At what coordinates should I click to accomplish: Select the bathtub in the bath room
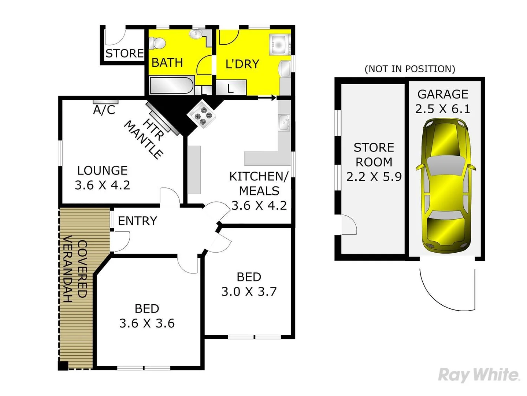(171, 86)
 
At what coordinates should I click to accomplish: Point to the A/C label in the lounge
(104, 109)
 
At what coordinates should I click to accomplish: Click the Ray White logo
(479, 375)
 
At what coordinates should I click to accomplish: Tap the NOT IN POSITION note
(410, 69)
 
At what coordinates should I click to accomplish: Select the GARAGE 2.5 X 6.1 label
(442, 102)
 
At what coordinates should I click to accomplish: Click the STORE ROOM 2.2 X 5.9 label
(374, 162)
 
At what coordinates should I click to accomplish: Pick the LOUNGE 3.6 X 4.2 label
(103, 178)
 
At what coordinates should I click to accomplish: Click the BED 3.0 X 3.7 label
(249, 284)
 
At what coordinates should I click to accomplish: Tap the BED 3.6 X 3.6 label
(147, 316)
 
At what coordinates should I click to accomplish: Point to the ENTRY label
(137, 221)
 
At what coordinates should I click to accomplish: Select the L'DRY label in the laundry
(242, 64)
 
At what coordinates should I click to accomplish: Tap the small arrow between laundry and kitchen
(267, 98)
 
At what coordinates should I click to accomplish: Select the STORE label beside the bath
(125, 54)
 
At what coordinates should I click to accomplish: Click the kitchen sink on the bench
(284, 122)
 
